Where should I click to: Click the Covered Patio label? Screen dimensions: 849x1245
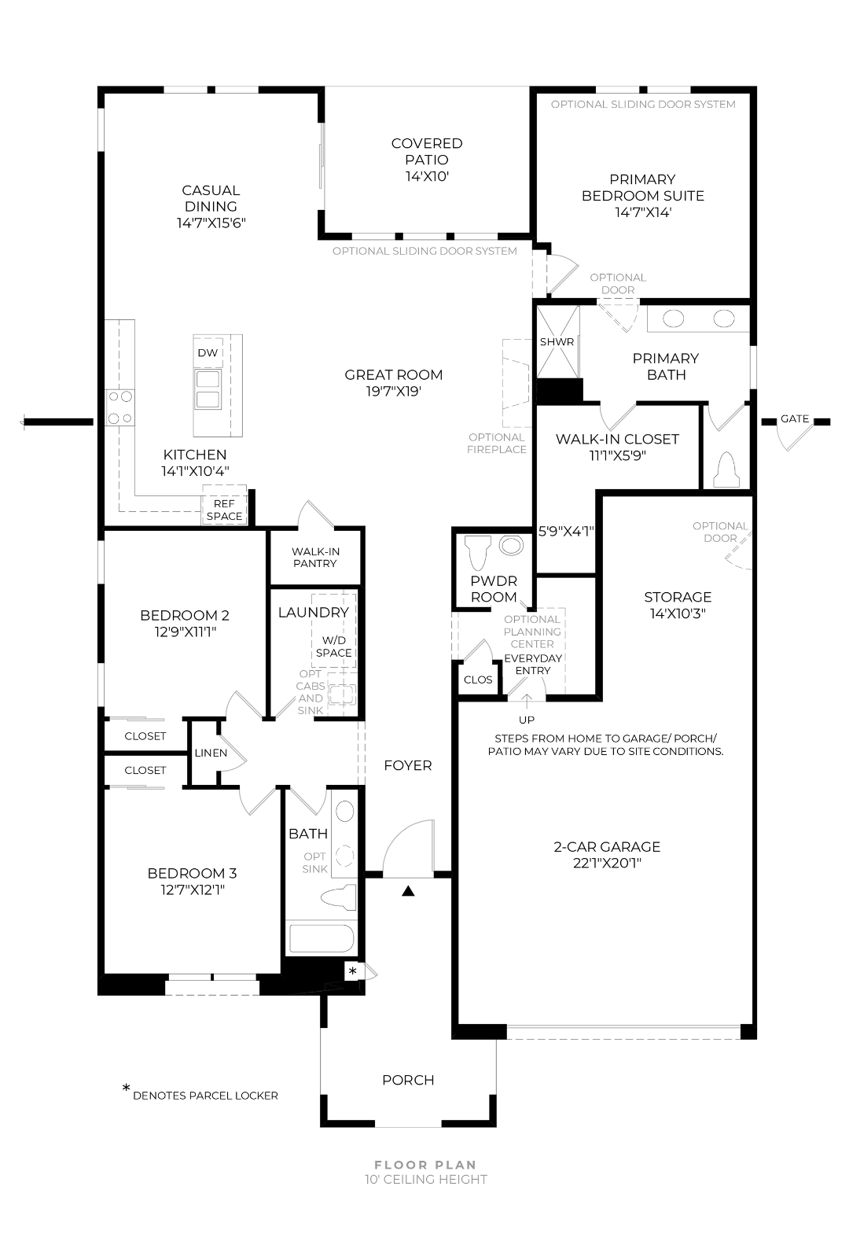pos(427,160)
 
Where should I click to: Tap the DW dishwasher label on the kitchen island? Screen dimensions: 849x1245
pos(208,353)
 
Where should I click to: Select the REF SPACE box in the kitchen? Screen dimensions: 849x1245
pos(224,505)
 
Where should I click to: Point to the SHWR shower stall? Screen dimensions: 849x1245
pos(557,342)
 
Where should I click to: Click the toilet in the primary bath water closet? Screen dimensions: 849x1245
pos(726,470)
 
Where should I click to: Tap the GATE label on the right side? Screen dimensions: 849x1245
pos(795,419)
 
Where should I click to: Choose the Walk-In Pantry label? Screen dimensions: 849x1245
pos(315,558)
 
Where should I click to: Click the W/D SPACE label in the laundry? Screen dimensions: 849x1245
pos(333,647)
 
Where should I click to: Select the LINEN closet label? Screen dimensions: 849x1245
pos(211,753)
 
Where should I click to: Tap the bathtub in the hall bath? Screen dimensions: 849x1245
pos(322,938)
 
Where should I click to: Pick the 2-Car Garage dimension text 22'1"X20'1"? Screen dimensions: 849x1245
pos(607,863)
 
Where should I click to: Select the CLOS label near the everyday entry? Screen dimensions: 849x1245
pos(478,680)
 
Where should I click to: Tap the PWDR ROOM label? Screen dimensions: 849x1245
pos(494,589)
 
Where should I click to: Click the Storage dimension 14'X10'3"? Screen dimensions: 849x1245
pos(678,613)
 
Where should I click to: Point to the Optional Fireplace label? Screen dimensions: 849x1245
pos(497,444)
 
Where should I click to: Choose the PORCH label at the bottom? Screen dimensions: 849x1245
pos(408,1080)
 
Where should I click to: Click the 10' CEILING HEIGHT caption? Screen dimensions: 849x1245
pos(425,1179)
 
